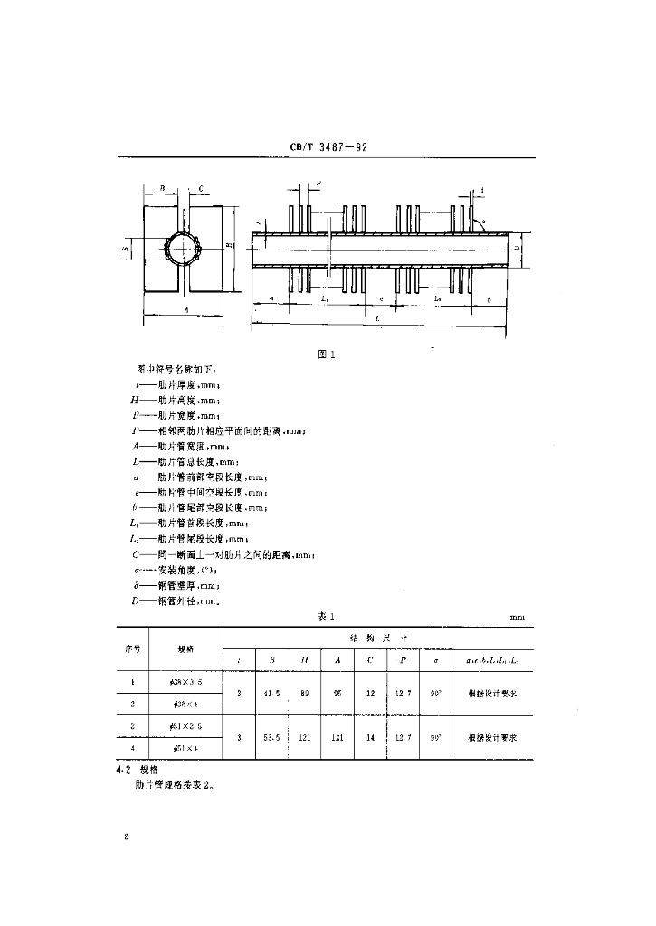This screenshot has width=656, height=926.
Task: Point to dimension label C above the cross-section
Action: coord(200,189)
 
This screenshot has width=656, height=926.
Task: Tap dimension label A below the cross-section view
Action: coord(185,309)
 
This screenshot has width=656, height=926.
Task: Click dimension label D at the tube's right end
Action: coord(515,245)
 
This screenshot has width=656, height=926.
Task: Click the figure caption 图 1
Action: coord(327,354)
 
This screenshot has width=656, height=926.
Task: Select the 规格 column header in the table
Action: coord(185,648)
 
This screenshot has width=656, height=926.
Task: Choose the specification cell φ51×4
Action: coord(185,749)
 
